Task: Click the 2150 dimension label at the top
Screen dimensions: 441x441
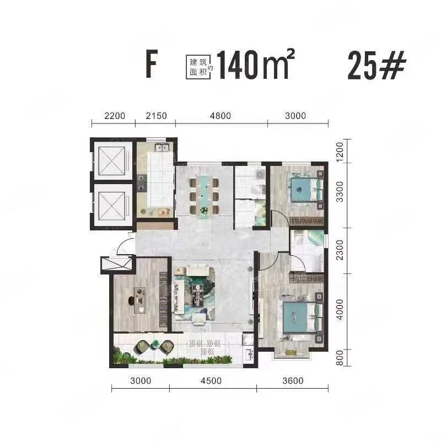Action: pyautogui.click(x=156, y=116)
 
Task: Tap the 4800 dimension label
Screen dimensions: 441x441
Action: pyautogui.click(x=220, y=116)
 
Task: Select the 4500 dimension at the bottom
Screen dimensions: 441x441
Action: pyautogui.click(x=211, y=381)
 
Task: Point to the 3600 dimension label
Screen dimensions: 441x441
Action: pyautogui.click(x=293, y=381)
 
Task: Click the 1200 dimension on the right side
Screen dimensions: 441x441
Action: pyautogui.click(x=340, y=152)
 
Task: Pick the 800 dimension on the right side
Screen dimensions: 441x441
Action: pyautogui.click(x=340, y=358)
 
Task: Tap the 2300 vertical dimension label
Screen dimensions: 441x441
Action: pyautogui.click(x=340, y=250)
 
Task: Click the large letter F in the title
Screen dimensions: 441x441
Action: pyautogui.click(x=151, y=64)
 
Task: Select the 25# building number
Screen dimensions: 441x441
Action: pyautogui.click(x=377, y=66)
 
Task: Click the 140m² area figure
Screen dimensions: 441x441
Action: pyautogui.click(x=255, y=64)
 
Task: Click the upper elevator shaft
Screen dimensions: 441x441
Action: pyautogui.click(x=112, y=160)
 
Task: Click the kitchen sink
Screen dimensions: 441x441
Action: pyautogui.click(x=162, y=147)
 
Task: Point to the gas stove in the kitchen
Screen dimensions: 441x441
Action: pyautogui.click(x=142, y=183)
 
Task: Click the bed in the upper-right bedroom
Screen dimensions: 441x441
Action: pyautogui.click(x=306, y=190)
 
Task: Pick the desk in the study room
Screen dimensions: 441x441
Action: pyautogui.click(x=140, y=300)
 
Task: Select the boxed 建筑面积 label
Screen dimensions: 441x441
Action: pyautogui.click(x=198, y=67)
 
